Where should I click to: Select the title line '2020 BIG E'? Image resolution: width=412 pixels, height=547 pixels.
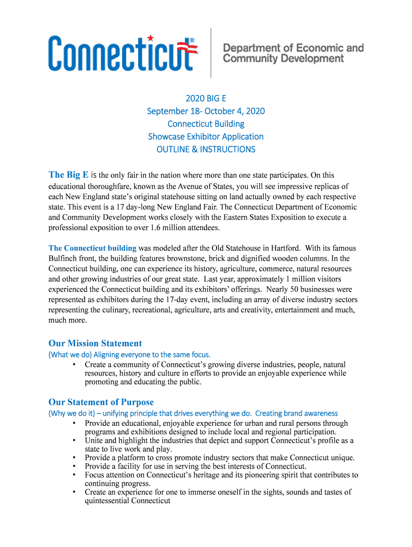point(206,98)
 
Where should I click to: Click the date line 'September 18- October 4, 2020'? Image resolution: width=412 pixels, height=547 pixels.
point(206,111)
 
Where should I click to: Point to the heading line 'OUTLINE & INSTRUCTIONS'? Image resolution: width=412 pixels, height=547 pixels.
point(206,150)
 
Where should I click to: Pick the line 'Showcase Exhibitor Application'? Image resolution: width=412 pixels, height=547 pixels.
point(206,137)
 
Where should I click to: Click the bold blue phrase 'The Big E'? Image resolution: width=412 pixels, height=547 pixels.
point(68,175)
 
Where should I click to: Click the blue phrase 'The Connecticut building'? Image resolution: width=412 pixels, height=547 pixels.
point(93,248)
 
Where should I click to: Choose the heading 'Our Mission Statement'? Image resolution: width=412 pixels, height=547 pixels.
point(95,343)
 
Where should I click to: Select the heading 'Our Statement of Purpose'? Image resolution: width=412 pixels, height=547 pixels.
point(101,402)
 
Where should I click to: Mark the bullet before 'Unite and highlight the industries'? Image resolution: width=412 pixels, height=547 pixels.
point(73,441)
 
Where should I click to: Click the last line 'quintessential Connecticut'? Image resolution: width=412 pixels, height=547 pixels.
point(127,501)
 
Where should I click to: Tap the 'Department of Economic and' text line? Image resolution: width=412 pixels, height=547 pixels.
point(293,48)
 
